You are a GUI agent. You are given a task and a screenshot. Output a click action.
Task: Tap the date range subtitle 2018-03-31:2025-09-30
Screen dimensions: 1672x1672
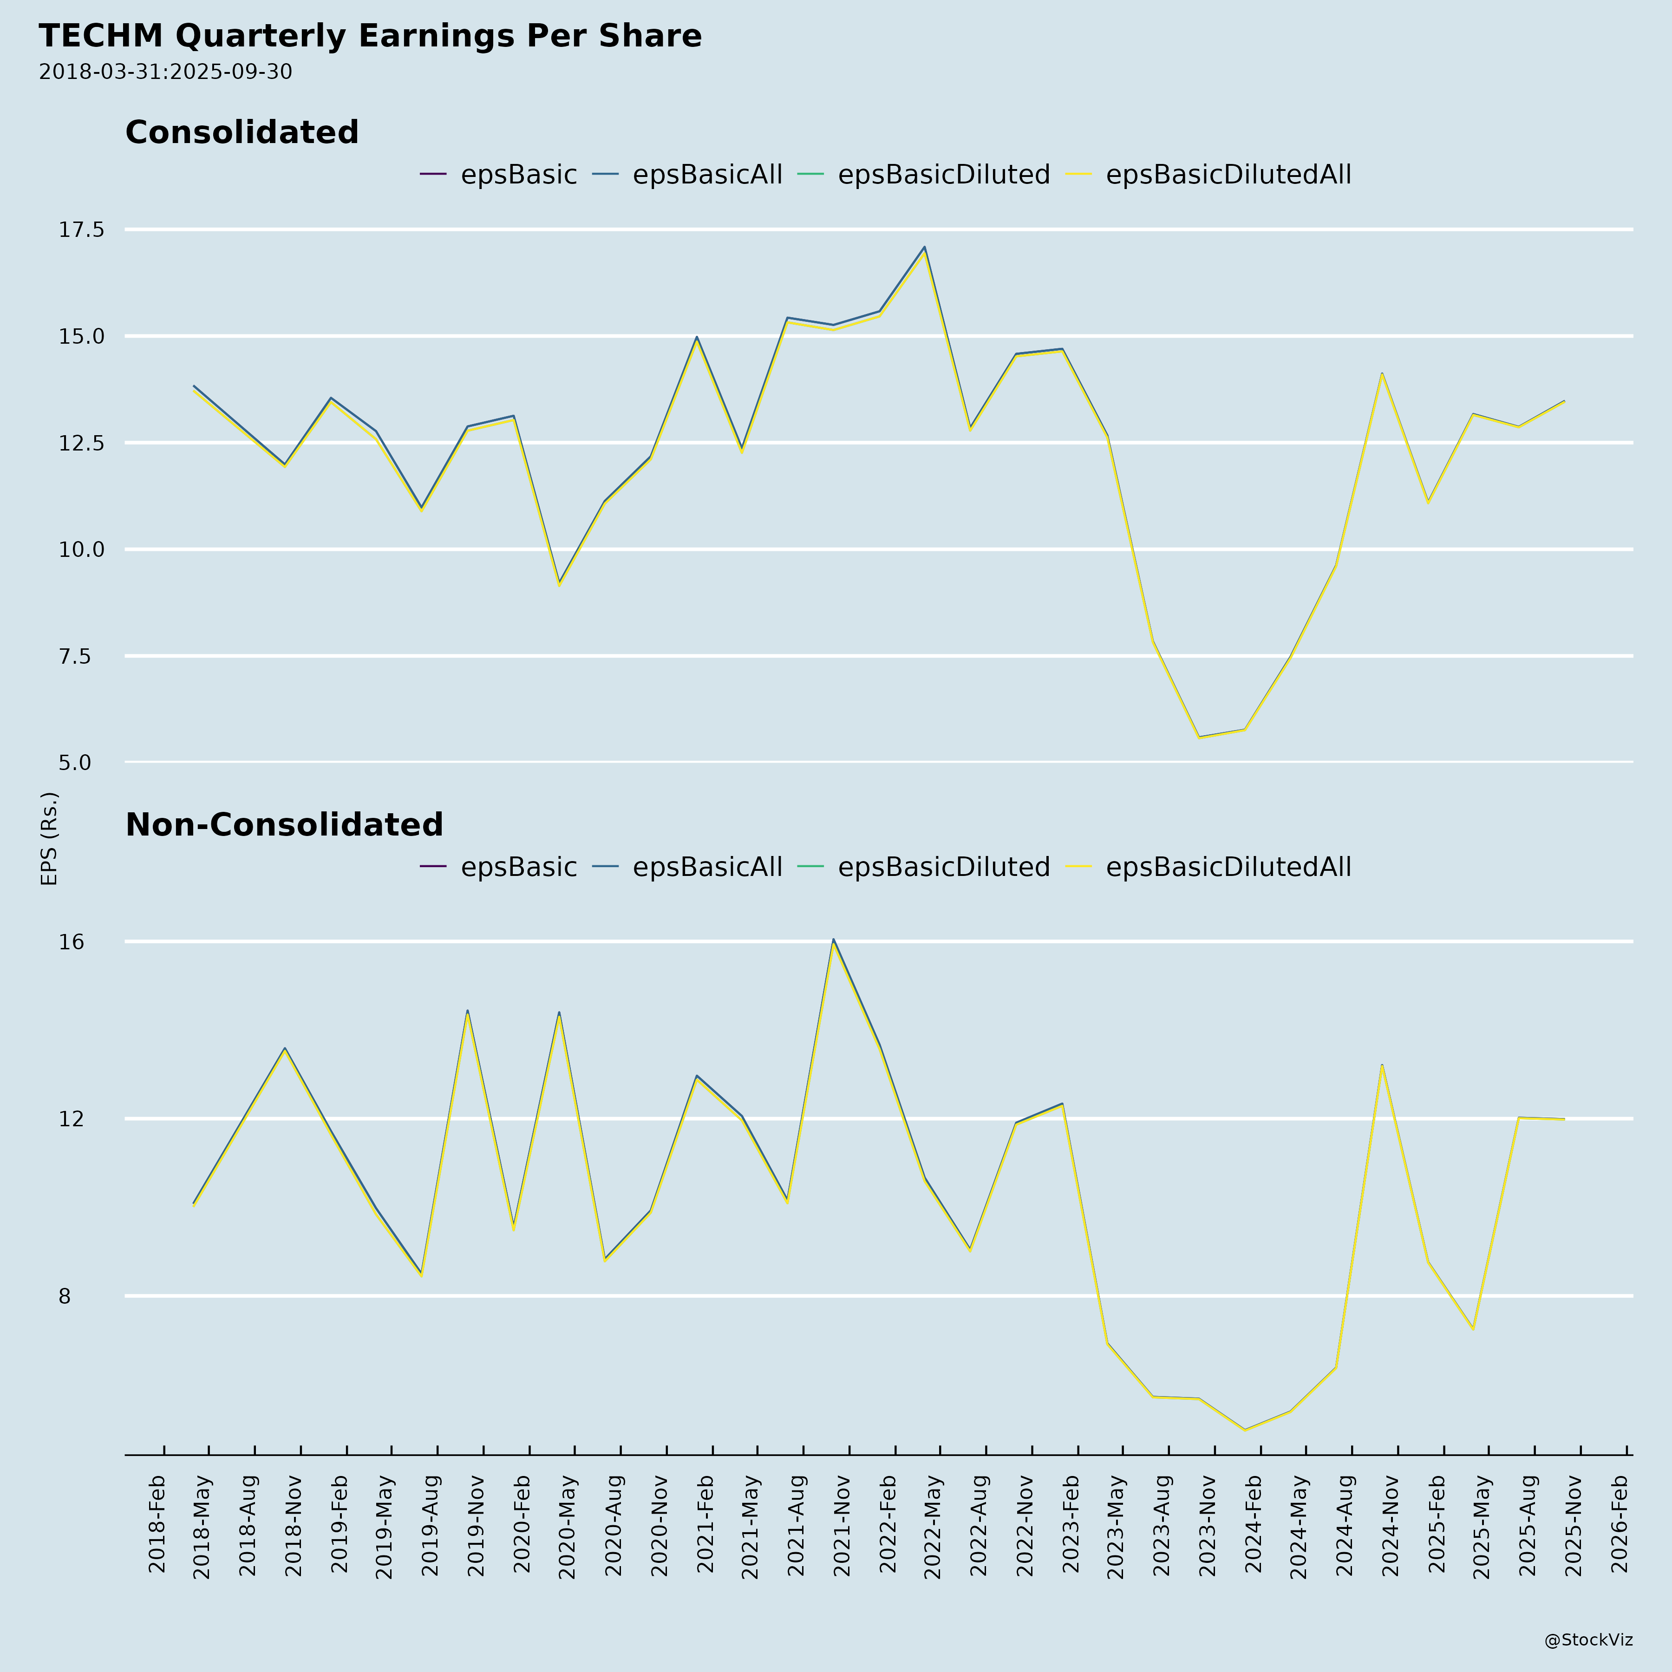pyautogui.click(x=165, y=72)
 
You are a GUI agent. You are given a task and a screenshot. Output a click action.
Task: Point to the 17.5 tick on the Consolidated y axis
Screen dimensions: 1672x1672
pyautogui.click(x=81, y=229)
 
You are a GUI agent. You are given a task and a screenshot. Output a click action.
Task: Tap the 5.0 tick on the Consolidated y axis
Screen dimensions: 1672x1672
pyautogui.click(x=75, y=763)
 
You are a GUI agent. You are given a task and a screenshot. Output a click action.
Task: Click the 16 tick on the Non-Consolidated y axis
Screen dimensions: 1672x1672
pyautogui.click(x=72, y=941)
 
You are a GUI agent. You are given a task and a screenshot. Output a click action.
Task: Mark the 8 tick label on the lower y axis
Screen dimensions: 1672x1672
pyautogui.click(x=64, y=1296)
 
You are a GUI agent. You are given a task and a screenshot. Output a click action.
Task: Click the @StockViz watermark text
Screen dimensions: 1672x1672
pyautogui.click(x=1588, y=1640)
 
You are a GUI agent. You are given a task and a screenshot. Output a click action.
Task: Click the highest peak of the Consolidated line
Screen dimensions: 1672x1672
pyautogui.click(x=924, y=248)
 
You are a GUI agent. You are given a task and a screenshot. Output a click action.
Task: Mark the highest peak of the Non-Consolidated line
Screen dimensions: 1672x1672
pyautogui.click(x=833, y=940)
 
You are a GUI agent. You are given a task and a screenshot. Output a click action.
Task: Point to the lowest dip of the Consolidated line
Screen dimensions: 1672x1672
pyautogui.click(x=1199, y=738)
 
